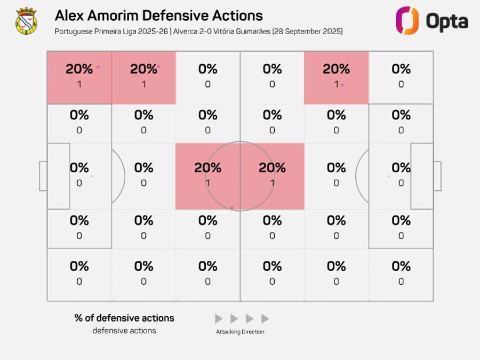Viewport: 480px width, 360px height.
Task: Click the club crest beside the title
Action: pyautogui.click(x=26, y=21)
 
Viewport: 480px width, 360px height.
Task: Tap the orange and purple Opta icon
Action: pyautogui.click(x=407, y=21)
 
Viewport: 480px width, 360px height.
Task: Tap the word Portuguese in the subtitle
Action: pyautogui.click(x=72, y=31)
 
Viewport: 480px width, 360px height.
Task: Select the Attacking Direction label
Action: pyautogui.click(x=240, y=332)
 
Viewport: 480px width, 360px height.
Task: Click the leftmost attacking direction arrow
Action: pyautogui.click(x=219, y=319)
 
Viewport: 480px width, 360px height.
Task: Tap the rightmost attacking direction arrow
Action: pyautogui.click(x=265, y=319)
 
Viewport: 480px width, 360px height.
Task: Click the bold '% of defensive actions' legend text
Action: pyautogui.click(x=124, y=318)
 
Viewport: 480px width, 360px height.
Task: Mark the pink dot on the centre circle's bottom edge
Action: pyautogui.click(x=231, y=207)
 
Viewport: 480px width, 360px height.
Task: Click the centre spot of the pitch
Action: pyautogui.click(x=240, y=176)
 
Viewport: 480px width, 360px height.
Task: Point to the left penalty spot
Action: pyautogui.click(x=91, y=176)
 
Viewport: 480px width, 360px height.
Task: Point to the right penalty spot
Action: pyautogui.click(x=389, y=176)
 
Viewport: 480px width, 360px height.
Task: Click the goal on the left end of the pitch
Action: pyautogui.click(x=43, y=176)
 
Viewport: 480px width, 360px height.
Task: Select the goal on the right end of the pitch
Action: pyautogui.click(x=437, y=176)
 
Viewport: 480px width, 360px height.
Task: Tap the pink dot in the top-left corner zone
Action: pyautogui.click(x=98, y=67)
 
